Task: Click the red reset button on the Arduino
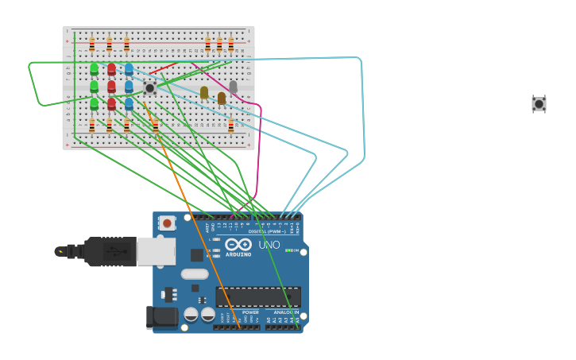[167, 223]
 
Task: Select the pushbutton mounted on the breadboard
[149, 88]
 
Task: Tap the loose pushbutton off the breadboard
[539, 103]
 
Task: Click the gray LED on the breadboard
[233, 86]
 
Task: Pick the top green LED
[94, 69]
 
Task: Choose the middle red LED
[111, 86]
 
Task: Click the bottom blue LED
[129, 103]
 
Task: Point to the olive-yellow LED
[204, 92]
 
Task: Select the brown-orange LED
[222, 98]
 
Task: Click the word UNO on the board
[269, 245]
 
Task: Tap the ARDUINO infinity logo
[238, 245]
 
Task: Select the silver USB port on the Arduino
[156, 251]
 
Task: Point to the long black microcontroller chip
[258, 297]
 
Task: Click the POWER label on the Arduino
[250, 312]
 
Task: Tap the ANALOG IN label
[285, 312]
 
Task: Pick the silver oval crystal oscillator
[195, 274]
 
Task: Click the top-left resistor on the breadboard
[91, 44]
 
